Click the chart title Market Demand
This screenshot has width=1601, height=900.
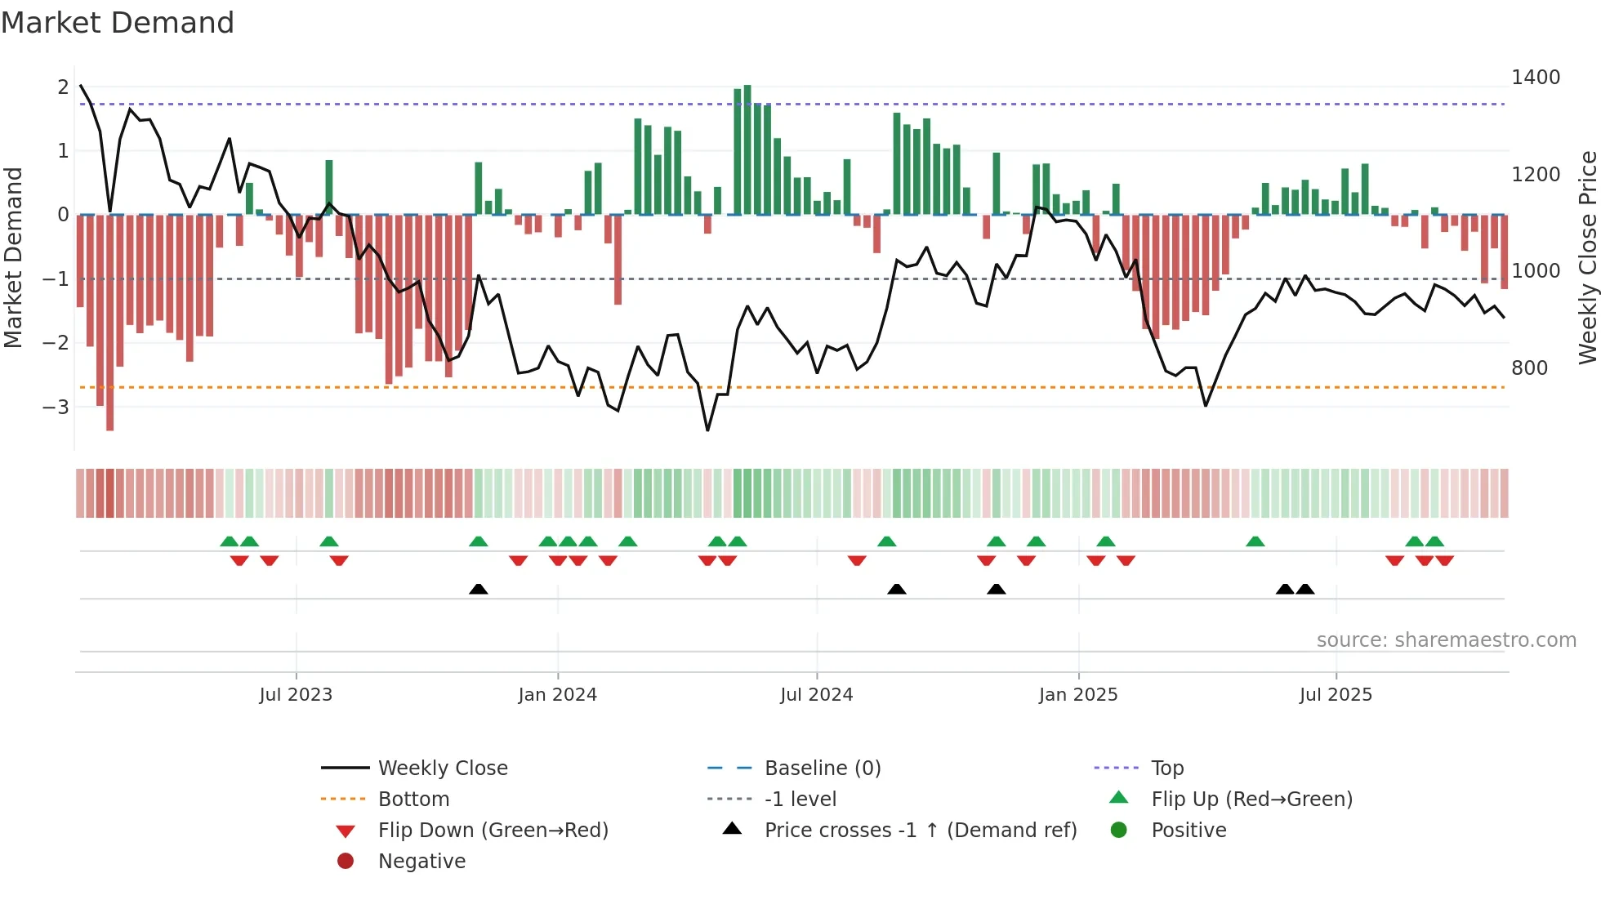(x=118, y=23)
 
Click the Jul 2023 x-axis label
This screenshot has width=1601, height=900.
(x=296, y=695)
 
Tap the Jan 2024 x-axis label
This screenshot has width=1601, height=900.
(x=557, y=695)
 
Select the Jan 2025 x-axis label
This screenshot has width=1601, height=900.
(x=1078, y=695)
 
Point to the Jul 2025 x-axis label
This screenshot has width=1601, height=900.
(x=1336, y=695)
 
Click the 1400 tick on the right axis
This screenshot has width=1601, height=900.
(x=1536, y=78)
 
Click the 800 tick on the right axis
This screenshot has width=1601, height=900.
(x=1529, y=368)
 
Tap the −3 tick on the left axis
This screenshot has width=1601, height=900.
(x=56, y=407)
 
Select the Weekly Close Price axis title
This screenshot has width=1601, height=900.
(x=1587, y=257)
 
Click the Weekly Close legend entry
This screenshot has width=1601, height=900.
(x=442, y=769)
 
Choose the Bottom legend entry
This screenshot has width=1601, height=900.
(x=413, y=800)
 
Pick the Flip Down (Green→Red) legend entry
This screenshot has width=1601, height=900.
(x=493, y=831)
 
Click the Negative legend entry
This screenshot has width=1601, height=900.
(x=421, y=862)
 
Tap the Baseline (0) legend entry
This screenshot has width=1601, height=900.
(x=823, y=769)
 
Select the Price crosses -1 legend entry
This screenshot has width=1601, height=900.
(x=920, y=831)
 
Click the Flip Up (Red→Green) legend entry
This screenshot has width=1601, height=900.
(x=1251, y=800)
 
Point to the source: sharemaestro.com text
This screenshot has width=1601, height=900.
(x=1446, y=640)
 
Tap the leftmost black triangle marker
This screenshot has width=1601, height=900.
(x=479, y=589)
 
